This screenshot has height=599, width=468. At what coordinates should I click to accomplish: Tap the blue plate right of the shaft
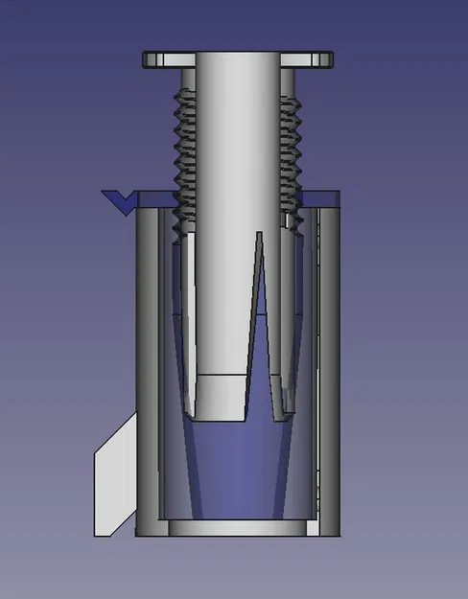321,197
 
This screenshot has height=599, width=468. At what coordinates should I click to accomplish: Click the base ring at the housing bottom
238,528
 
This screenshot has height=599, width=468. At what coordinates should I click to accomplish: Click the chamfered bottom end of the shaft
222,398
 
